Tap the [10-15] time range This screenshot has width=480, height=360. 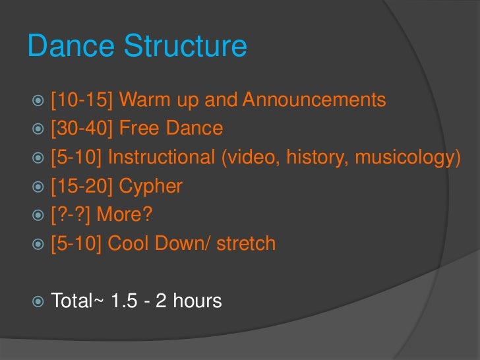coord(82,100)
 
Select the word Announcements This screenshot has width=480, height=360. coord(314,100)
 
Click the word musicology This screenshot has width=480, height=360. coord(404,158)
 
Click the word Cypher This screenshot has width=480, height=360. coord(150,187)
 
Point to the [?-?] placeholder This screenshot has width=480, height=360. coord(69,215)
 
